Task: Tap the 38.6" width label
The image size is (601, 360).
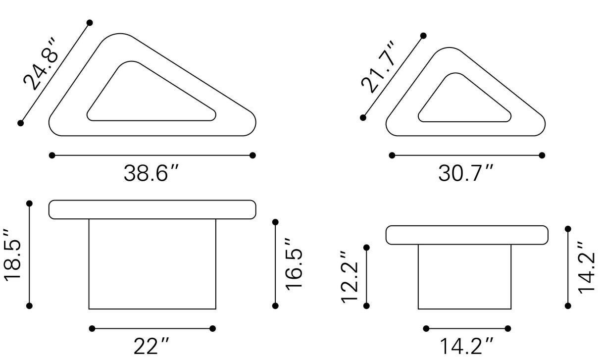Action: pyautogui.click(x=151, y=173)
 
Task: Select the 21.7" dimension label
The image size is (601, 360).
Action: pyautogui.click(x=378, y=67)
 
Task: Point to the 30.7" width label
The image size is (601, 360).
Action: pyautogui.click(x=466, y=173)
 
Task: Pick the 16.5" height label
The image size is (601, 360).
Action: pyautogui.click(x=294, y=264)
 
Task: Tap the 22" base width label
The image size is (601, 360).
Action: pyautogui.click(x=151, y=346)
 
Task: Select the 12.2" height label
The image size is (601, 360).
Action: pyautogui.click(x=350, y=276)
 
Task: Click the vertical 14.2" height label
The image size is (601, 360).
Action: pyautogui.click(x=587, y=267)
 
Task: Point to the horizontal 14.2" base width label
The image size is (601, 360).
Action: pyautogui.click(x=466, y=346)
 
